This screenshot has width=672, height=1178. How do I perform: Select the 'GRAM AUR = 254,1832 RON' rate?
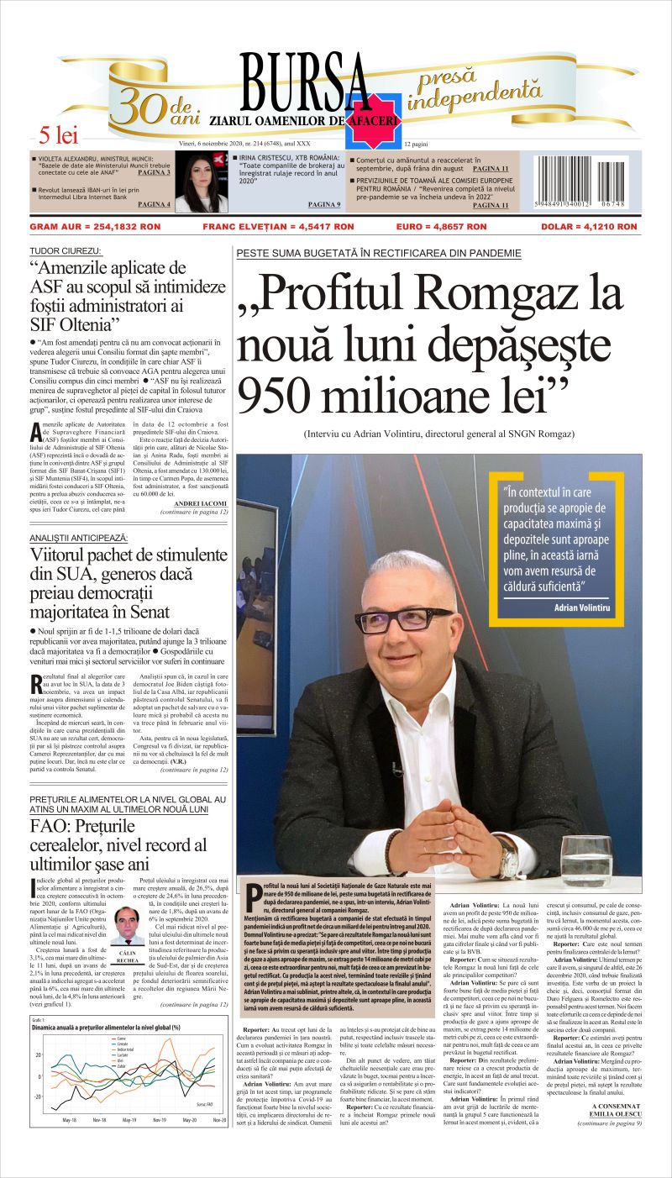coord(95,227)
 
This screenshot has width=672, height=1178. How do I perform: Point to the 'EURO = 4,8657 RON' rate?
coord(441,227)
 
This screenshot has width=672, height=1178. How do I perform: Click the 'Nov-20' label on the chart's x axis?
coord(218,1121)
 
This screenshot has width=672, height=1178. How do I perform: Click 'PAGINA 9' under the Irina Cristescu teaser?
coord(324,204)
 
